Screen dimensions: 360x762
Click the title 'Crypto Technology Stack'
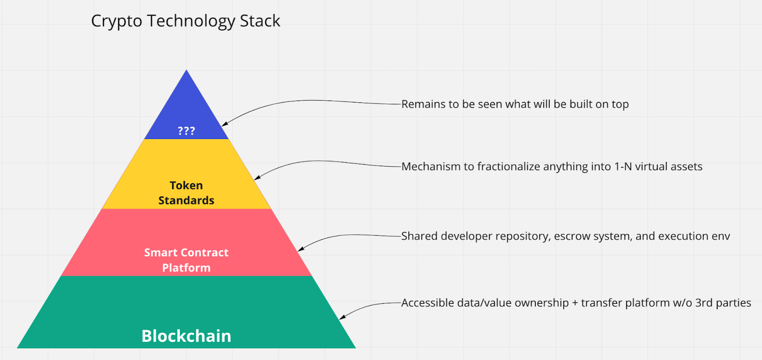click(x=185, y=21)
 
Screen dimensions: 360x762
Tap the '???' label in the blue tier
click(x=186, y=131)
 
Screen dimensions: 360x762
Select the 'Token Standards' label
click(x=186, y=193)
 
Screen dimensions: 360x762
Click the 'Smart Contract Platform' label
click(x=186, y=260)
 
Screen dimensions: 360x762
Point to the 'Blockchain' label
click(x=186, y=336)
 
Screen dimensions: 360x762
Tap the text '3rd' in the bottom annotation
click(x=703, y=303)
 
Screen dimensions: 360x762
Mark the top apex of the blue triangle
click(x=186, y=71)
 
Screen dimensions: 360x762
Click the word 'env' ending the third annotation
click(x=721, y=236)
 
